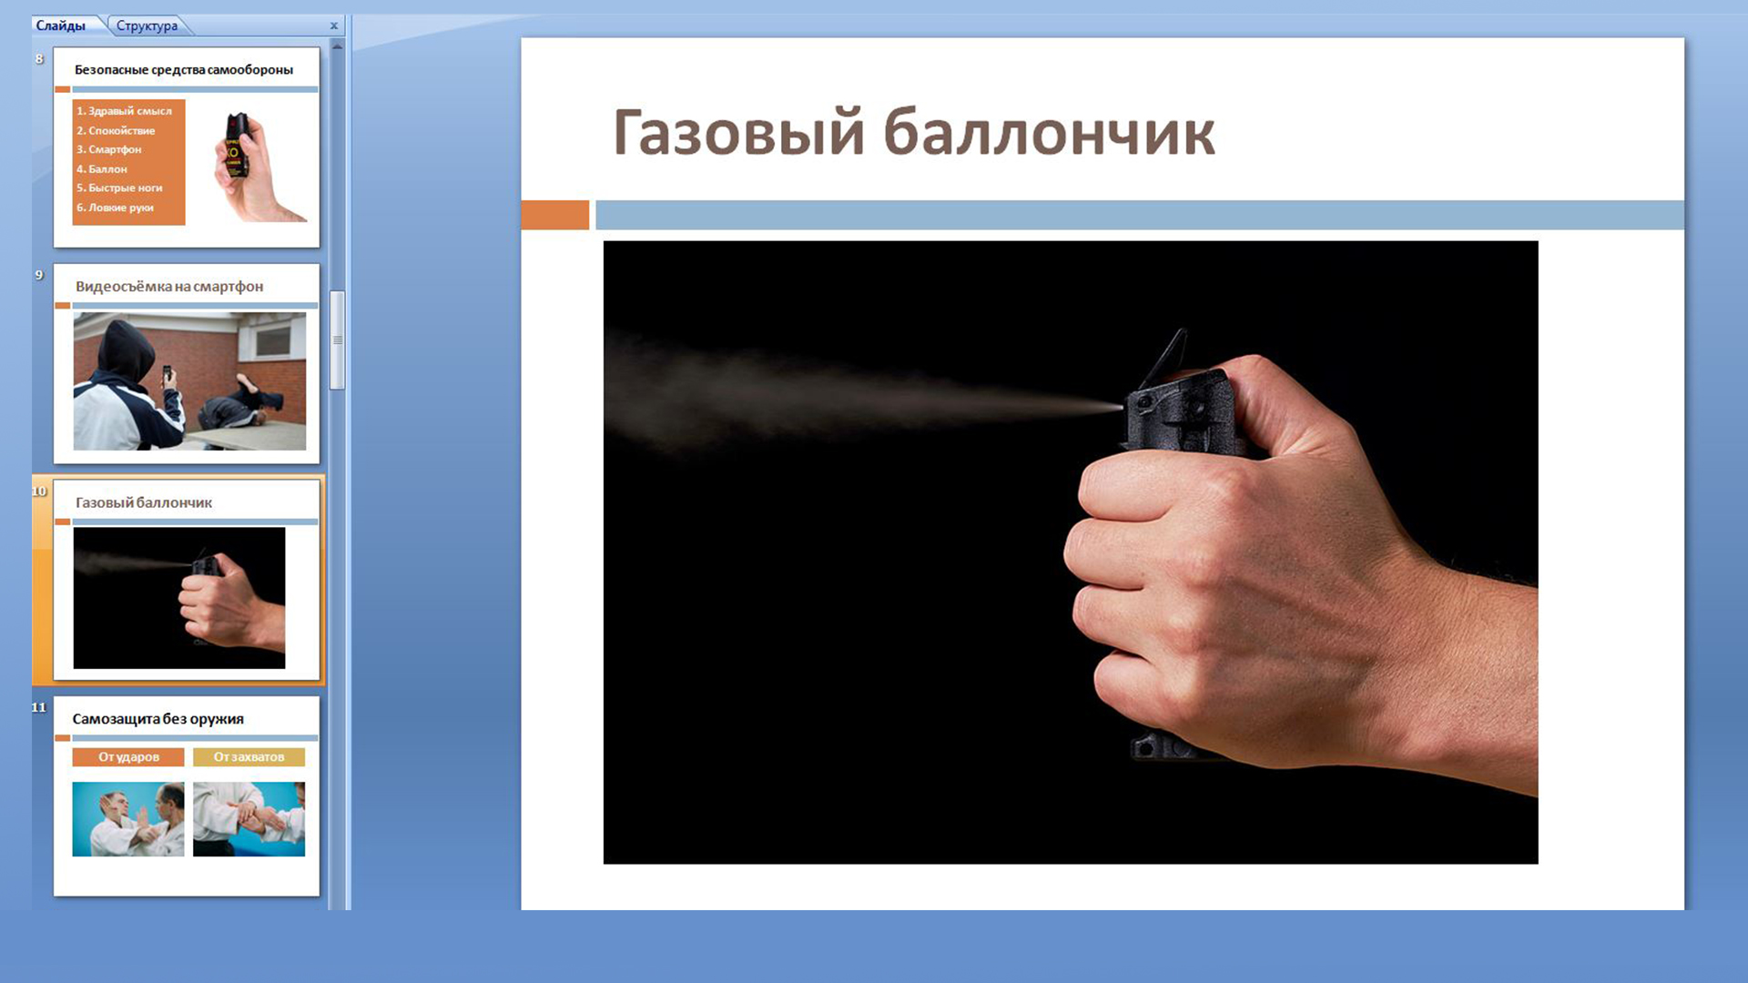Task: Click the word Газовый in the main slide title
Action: point(738,133)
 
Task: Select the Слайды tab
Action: point(61,25)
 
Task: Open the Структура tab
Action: point(147,25)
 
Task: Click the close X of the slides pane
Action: point(333,25)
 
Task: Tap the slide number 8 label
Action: point(39,59)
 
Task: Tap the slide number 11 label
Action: point(38,707)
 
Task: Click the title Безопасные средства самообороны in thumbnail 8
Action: point(184,69)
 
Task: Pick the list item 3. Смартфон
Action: point(109,149)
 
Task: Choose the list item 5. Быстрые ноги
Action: point(119,188)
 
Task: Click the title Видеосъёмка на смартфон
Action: point(169,287)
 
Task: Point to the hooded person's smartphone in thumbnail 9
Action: point(167,373)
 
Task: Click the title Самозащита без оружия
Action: point(158,719)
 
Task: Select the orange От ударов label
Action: point(128,756)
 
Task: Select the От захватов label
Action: point(249,756)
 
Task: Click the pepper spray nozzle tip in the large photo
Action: point(1123,407)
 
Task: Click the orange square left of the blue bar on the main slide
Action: point(555,215)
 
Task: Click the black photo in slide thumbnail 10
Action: point(179,598)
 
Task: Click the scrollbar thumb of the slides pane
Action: point(337,340)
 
